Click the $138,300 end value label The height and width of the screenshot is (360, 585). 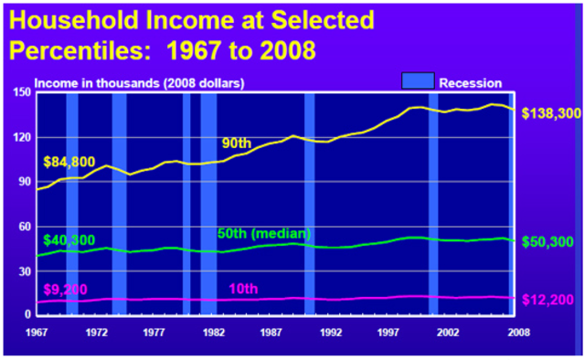pyautogui.click(x=548, y=113)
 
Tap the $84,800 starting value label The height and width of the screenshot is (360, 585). pyautogui.click(x=69, y=163)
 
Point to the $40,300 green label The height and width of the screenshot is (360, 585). pyautogui.click(x=69, y=239)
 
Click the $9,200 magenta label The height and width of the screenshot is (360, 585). pyautogui.click(x=66, y=289)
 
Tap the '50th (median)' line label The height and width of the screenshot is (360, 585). pyautogui.click(x=265, y=233)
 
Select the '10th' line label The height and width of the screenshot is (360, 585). pyautogui.click(x=242, y=289)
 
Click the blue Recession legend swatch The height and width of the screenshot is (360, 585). pyautogui.click(x=415, y=81)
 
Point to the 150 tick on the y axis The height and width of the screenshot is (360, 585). pyautogui.click(x=21, y=92)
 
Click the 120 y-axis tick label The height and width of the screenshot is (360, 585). pyautogui.click(x=21, y=137)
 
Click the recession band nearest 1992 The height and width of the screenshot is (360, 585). pyautogui.click(x=309, y=201)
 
